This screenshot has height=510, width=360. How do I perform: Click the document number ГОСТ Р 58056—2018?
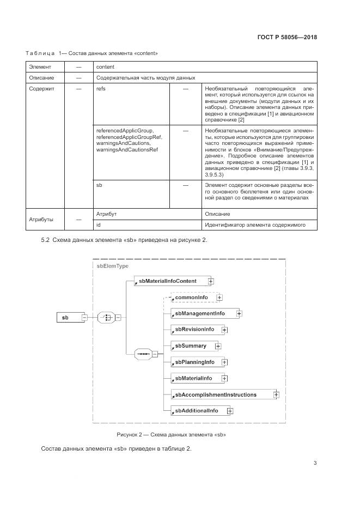click(x=287, y=38)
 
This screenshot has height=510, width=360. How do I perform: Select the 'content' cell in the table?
click(x=105, y=66)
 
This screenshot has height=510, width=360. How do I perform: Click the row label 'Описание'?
click(x=41, y=77)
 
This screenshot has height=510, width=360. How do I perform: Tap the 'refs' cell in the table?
click(x=101, y=89)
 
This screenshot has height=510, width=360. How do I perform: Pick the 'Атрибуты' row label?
click(x=41, y=219)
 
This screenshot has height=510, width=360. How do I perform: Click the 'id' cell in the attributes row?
click(x=99, y=224)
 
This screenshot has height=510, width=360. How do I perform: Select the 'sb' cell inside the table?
click(x=99, y=185)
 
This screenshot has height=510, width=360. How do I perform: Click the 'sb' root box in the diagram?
click(x=68, y=317)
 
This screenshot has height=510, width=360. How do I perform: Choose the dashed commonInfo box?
click(x=192, y=297)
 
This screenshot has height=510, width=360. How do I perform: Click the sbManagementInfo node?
click(x=200, y=313)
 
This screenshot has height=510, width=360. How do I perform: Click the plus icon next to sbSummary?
click(x=218, y=346)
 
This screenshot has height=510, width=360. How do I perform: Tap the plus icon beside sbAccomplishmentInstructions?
click(x=276, y=394)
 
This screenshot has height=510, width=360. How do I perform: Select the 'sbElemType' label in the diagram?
click(x=112, y=265)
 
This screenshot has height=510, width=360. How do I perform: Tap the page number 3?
click(x=315, y=463)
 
